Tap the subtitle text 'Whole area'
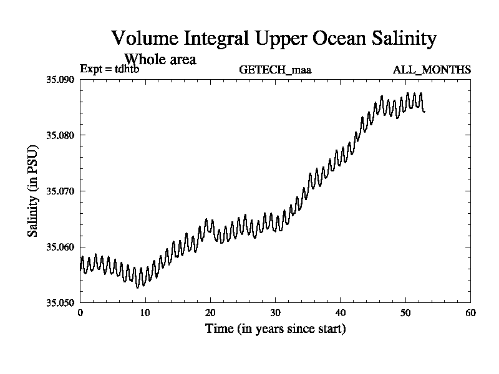(161, 60)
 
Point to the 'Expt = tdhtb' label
(110, 69)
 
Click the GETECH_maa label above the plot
(275, 69)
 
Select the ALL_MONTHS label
(432, 69)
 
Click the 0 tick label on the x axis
(80, 313)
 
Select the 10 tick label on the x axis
(145, 313)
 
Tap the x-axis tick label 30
(276, 313)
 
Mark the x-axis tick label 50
(406, 313)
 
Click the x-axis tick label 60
(471, 313)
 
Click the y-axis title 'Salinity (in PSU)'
(32, 191)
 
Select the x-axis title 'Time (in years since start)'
(275, 328)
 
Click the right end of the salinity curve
(425, 112)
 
